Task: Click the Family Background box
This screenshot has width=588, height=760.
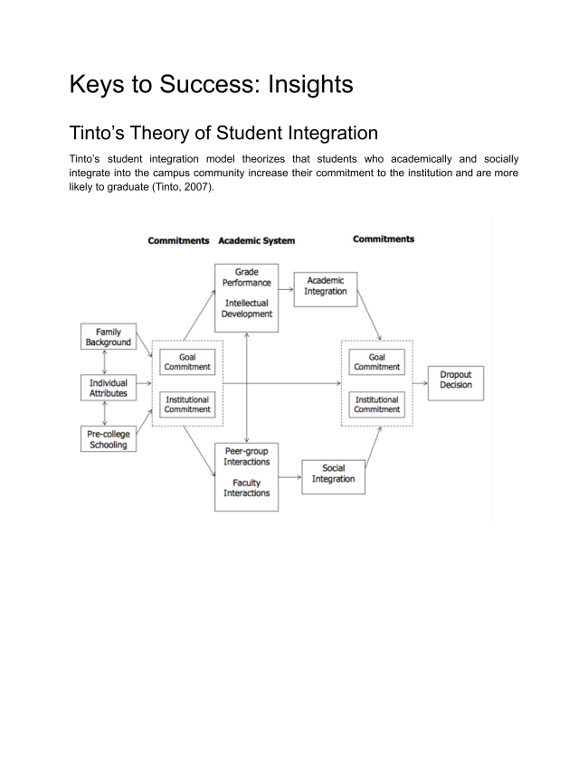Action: coord(109,337)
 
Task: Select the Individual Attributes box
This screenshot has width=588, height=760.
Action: coord(109,389)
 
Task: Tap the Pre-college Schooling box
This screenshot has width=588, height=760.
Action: coord(109,439)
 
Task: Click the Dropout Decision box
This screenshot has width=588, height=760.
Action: coord(456,380)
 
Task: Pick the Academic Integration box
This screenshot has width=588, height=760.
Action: coord(326,286)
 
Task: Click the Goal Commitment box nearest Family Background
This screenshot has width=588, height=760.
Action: coord(187,362)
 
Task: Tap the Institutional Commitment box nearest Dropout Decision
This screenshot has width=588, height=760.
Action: coord(376,405)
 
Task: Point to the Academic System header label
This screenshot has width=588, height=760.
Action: coord(256,241)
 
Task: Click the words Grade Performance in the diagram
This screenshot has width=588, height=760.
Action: coord(246,277)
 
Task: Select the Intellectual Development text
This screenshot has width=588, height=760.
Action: coord(246,308)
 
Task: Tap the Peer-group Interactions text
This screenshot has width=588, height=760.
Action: coord(246,456)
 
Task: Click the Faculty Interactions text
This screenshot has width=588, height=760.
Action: coord(246,488)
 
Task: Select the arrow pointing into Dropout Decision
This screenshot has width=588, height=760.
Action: coord(420,383)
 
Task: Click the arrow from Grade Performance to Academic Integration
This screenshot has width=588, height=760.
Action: coord(286,288)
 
